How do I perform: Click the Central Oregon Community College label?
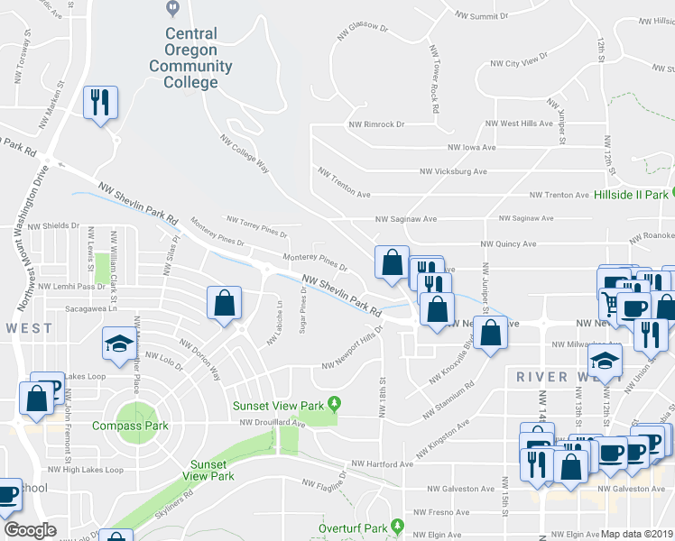point(190,58)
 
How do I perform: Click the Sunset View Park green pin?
point(334,402)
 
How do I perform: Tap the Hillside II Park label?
point(632,194)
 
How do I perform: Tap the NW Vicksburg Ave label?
point(453,171)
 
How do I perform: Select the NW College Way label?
point(245,152)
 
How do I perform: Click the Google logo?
point(30,530)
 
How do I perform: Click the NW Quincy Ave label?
point(508,243)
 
